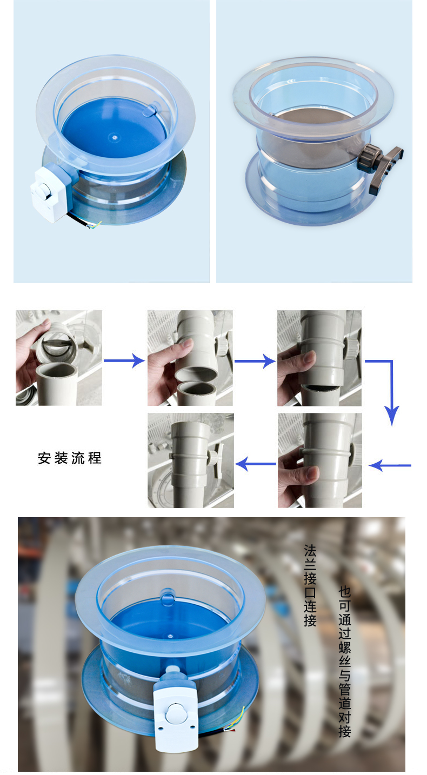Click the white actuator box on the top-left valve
tap(52, 192)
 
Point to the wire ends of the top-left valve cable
tap(95, 225)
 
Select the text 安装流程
tap(70, 458)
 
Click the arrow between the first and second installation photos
tap(124, 361)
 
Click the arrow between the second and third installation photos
tap(255, 361)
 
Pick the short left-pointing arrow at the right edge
tap(390, 465)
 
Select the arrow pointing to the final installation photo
tap(256, 464)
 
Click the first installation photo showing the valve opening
tap(59, 358)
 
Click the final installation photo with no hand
tap(191, 460)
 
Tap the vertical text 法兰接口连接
tap(310, 586)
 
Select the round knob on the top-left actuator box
tap(44, 189)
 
